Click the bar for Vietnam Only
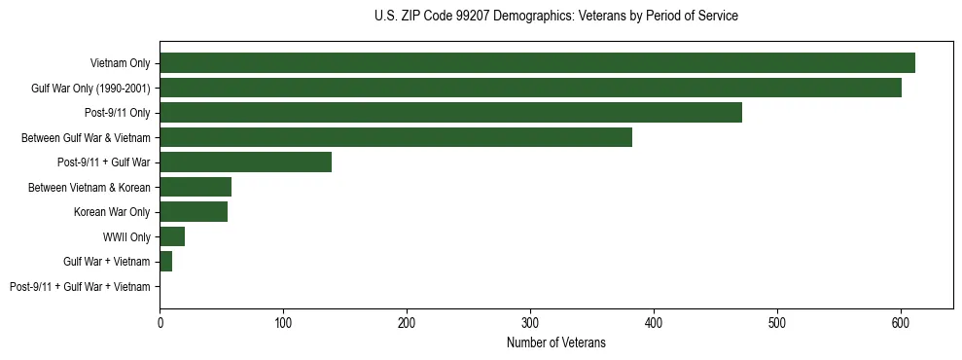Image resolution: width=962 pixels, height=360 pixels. coord(537,63)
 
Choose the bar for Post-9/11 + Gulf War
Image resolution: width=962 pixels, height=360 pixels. coord(245,162)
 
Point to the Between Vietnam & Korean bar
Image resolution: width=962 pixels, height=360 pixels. coord(196,187)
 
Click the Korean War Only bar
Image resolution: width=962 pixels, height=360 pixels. coord(194,212)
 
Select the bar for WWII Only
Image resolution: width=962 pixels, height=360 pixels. coord(172,236)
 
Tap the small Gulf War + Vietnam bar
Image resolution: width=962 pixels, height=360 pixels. coord(166,262)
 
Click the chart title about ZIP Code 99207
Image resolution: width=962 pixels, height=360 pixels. coord(555,17)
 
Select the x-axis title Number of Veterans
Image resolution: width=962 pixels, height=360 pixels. coord(555,342)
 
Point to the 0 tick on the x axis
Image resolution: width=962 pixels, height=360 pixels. coord(160,322)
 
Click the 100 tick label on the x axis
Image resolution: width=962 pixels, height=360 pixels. coord(283,322)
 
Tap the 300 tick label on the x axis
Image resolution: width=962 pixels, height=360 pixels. coord(530,322)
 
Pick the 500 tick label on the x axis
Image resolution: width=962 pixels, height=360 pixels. coord(777,322)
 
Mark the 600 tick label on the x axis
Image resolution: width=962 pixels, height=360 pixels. coord(901,322)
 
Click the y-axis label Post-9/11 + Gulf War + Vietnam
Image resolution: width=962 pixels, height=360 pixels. coord(80,287)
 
